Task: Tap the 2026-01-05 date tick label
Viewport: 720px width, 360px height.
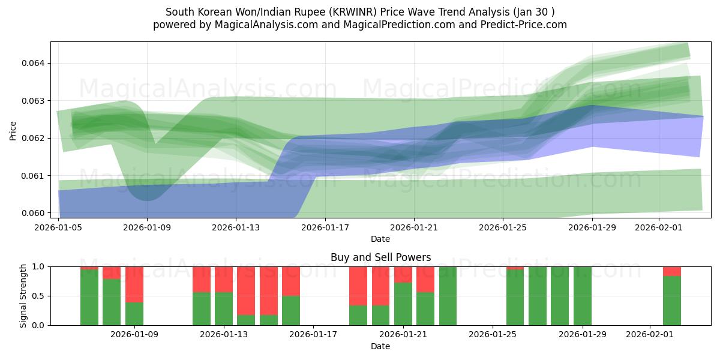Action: (58, 227)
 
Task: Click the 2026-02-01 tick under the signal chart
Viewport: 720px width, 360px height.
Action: (650, 335)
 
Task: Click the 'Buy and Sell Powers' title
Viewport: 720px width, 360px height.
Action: (380, 257)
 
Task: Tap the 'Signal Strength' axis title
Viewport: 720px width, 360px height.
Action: (23, 295)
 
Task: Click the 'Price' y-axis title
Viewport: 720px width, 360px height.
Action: (13, 130)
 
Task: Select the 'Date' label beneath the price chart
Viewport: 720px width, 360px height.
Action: (380, 239)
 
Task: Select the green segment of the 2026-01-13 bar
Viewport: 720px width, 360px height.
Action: (224, 308)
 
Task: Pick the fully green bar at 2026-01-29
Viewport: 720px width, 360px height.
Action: (583, 295)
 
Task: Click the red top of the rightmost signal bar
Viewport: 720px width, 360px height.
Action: (672, 271)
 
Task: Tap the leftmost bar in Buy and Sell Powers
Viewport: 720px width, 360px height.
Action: (89, 297)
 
